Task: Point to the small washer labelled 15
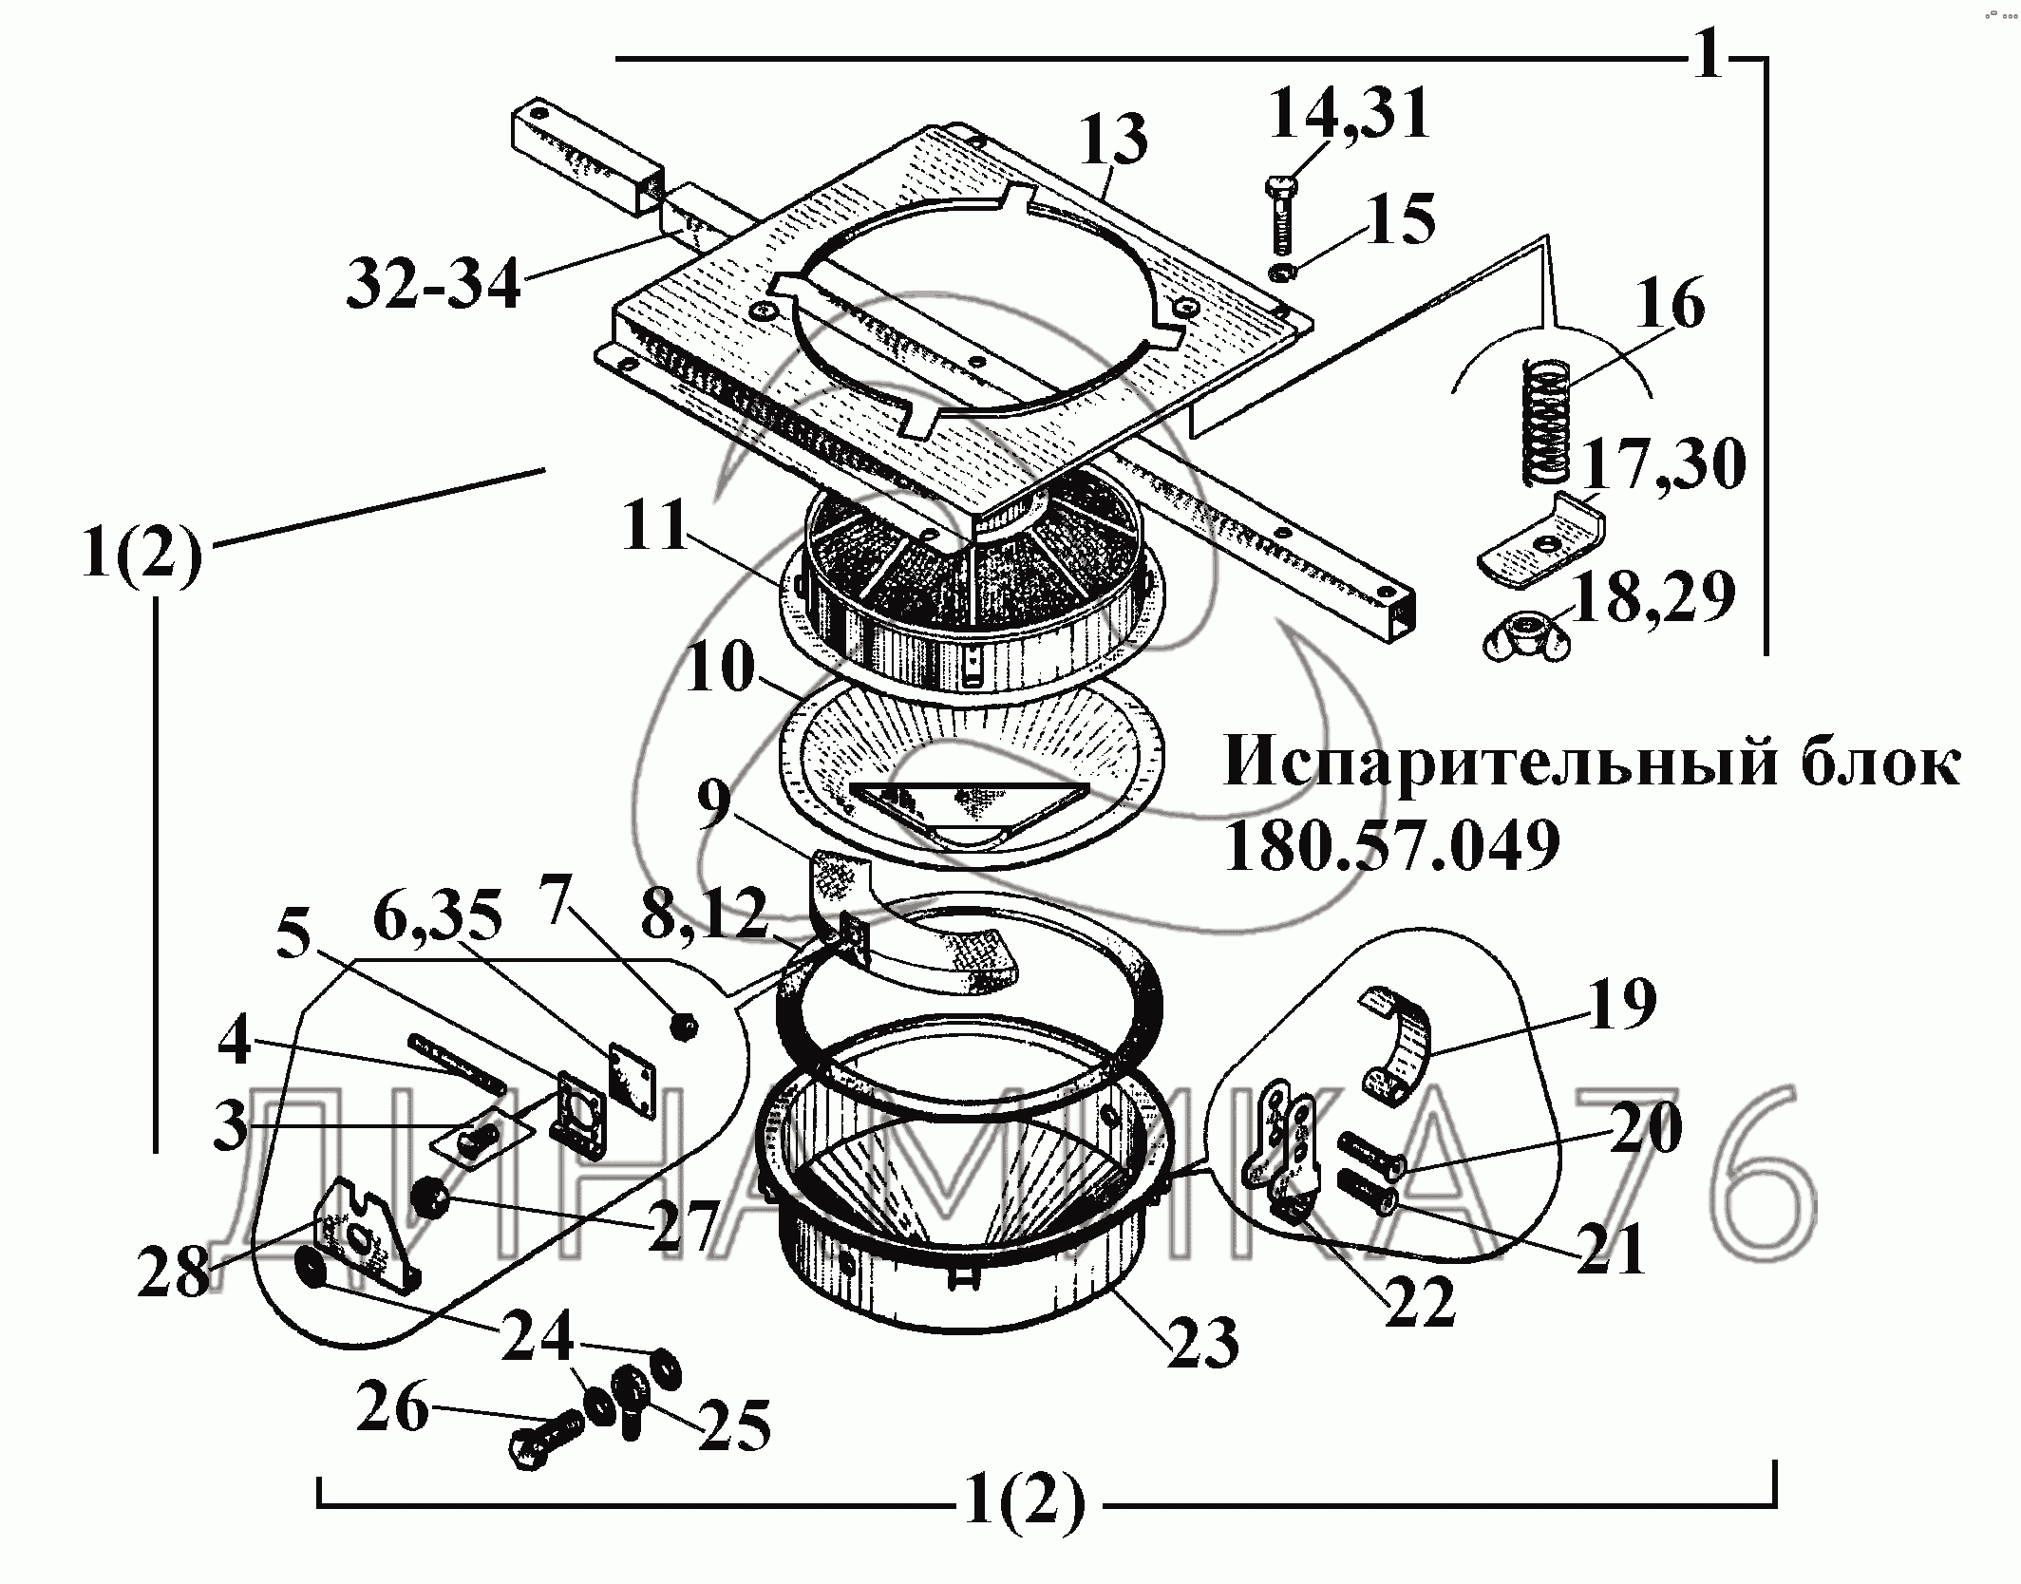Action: pos(1283,273)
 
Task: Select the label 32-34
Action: pos(434,284)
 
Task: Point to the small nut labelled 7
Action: pos(683,1026)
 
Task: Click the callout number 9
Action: pos(714,804)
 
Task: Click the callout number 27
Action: pos(682,1224)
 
